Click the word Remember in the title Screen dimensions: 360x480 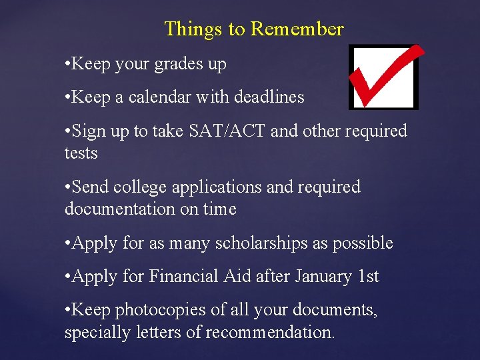pyautogui.click(x=297, y=29)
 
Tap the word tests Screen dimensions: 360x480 pyautogui.click(x=81, y=153)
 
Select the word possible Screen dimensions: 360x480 pyautogui.click(x=362, y=243)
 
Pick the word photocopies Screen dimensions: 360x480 pyautogui.click(x=161, y=310)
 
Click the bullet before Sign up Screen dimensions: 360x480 pyautogui.click(x=67, y=131)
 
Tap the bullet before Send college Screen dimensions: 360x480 pyautogui.click(x=67, y=188)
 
